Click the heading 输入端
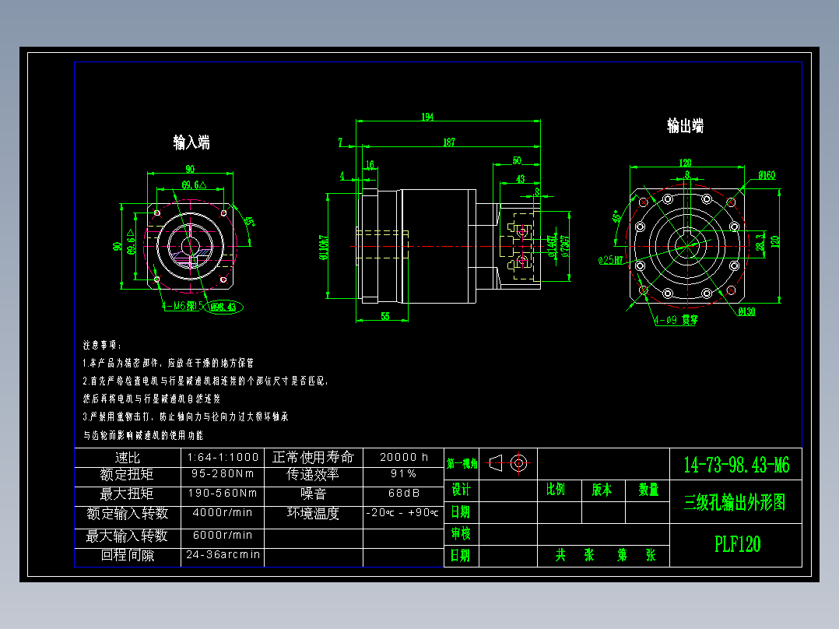tap(191, 142)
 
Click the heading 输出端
tap(685, 126)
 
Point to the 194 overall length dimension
tap(427, 117)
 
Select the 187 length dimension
tap(449, 142)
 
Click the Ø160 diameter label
tap(766, 175)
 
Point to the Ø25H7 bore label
tap(611, 259)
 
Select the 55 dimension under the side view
tap(384, 315)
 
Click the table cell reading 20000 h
tap(403, 457)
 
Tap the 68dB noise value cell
tap(403, 494)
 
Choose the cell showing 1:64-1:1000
tap(223, 457)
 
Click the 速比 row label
tap(127, 457)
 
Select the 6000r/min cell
tap(223, 536)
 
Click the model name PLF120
tap(737, 544)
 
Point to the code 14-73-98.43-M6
tap(736, 466)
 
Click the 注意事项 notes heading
tap(102, 343)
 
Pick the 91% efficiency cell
tap(403, 474)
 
